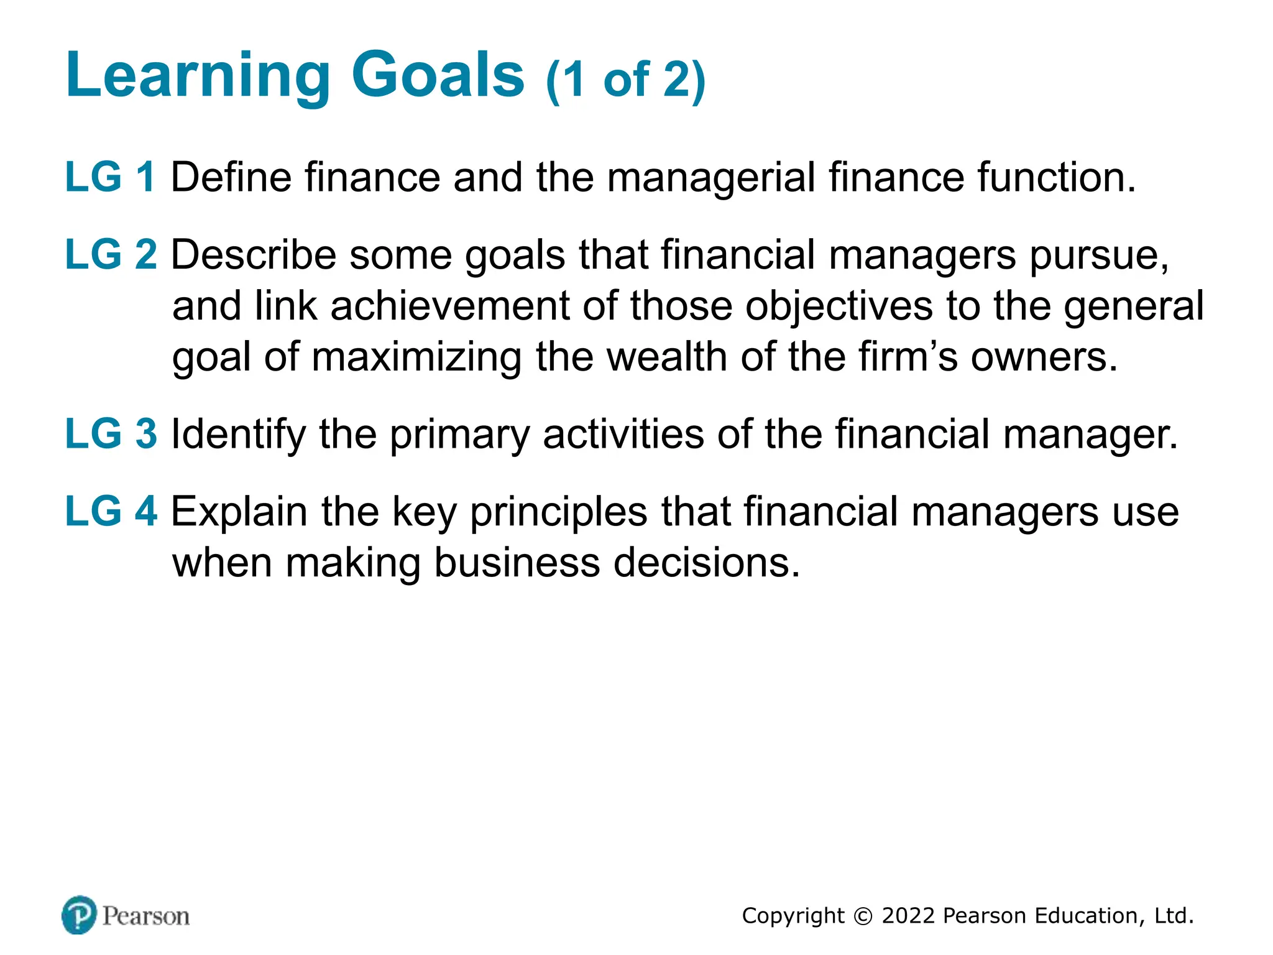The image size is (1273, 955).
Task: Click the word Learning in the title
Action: (x=198, y=76)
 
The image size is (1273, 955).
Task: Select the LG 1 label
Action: (x=110, y=177)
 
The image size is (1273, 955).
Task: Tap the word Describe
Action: (x=253, y=255)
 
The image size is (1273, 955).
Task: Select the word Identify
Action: (x=238, y=435)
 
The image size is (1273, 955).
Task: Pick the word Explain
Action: (x=239, y=512)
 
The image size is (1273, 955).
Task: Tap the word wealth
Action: (x=666, y=357)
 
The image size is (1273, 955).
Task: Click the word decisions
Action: (x=707, y=563)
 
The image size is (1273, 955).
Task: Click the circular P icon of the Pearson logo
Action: (x=80, y=915)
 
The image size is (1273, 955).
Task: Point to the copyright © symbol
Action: (x=863, y=916)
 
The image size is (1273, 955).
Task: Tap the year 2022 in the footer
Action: (x=908, y=916)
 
